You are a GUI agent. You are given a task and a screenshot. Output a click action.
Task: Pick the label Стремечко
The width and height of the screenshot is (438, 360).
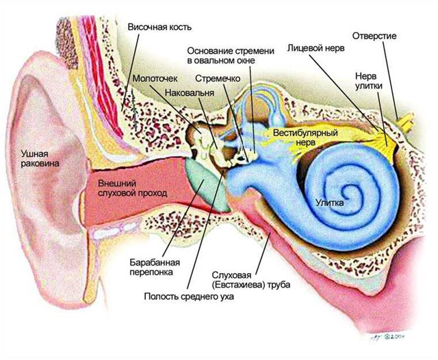point(216,79)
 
